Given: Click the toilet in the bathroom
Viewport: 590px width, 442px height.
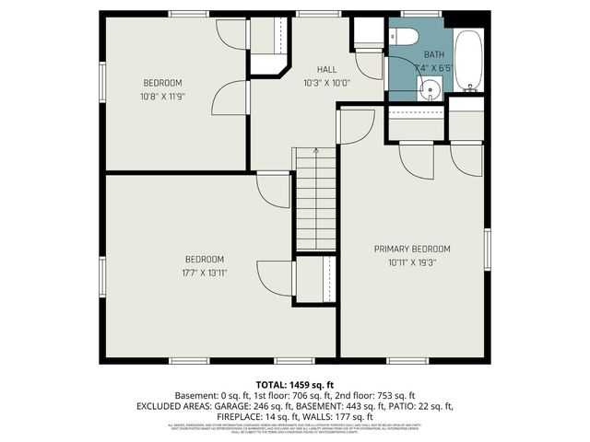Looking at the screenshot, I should click(x=403, y=38).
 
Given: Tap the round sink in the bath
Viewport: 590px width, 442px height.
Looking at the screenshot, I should click(x=429, y=89).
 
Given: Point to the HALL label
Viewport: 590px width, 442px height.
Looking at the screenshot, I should click(x=326, y=70).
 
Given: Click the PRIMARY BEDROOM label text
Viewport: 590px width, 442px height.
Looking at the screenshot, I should click(x=411, y=249).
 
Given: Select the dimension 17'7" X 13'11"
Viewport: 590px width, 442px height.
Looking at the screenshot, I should click(x=205, y=273).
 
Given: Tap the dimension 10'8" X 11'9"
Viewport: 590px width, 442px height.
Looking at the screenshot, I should click(x=162, y=96).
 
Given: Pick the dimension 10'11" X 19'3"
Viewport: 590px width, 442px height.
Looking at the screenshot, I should click(x=411, y=262).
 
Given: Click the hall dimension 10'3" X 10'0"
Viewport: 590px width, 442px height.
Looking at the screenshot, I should click(x=326, y=83).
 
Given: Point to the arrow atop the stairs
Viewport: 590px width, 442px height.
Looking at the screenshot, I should click(x=315, y=151).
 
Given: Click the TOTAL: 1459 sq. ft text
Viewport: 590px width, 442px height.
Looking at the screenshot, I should click(x=295, y=383).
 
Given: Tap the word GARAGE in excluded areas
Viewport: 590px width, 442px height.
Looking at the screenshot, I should click(x=234, y=405).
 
